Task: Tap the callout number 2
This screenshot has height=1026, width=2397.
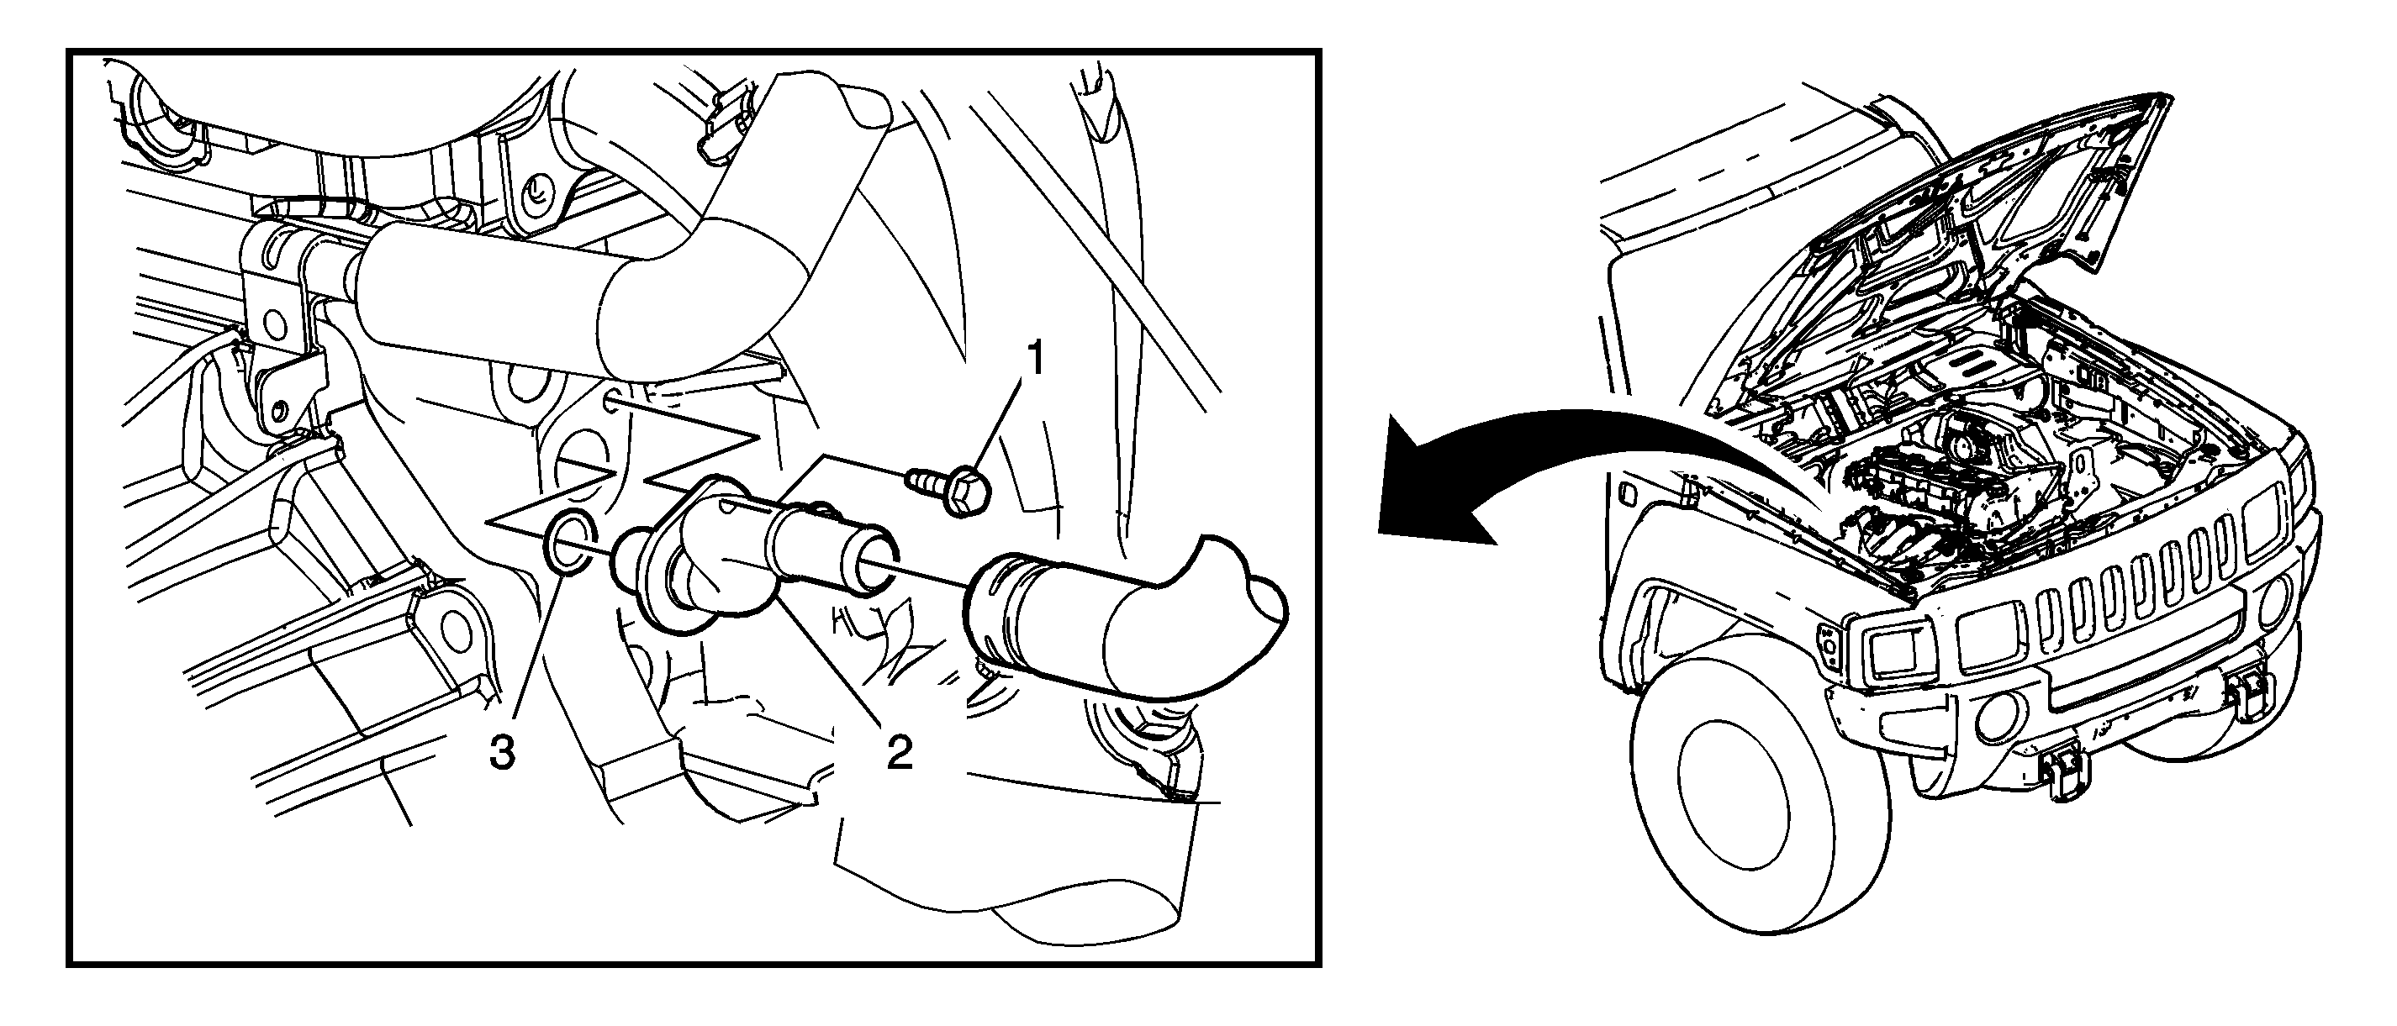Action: (899, 754)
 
